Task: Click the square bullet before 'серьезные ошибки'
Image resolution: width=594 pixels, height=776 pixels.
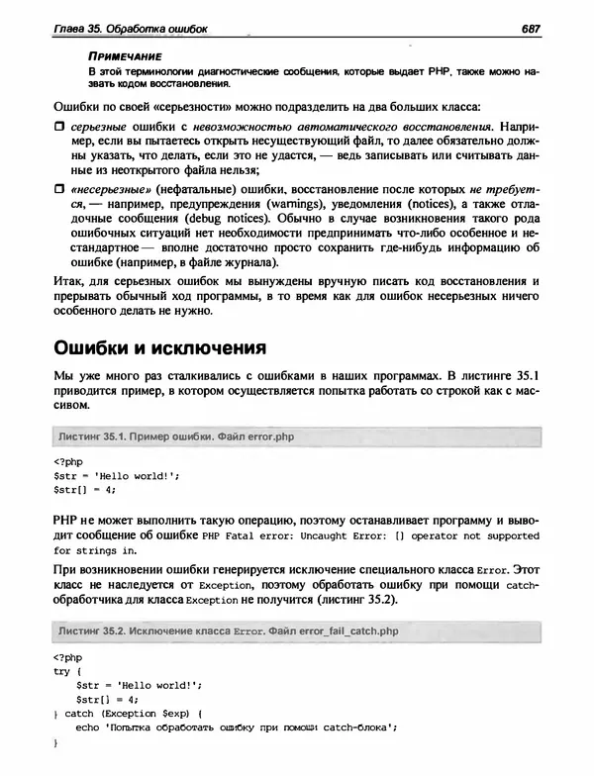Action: pos(58,129)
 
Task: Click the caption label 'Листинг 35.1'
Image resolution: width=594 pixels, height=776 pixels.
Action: pos(96,436)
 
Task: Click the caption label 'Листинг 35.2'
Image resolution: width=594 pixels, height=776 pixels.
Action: pos(96,630)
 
